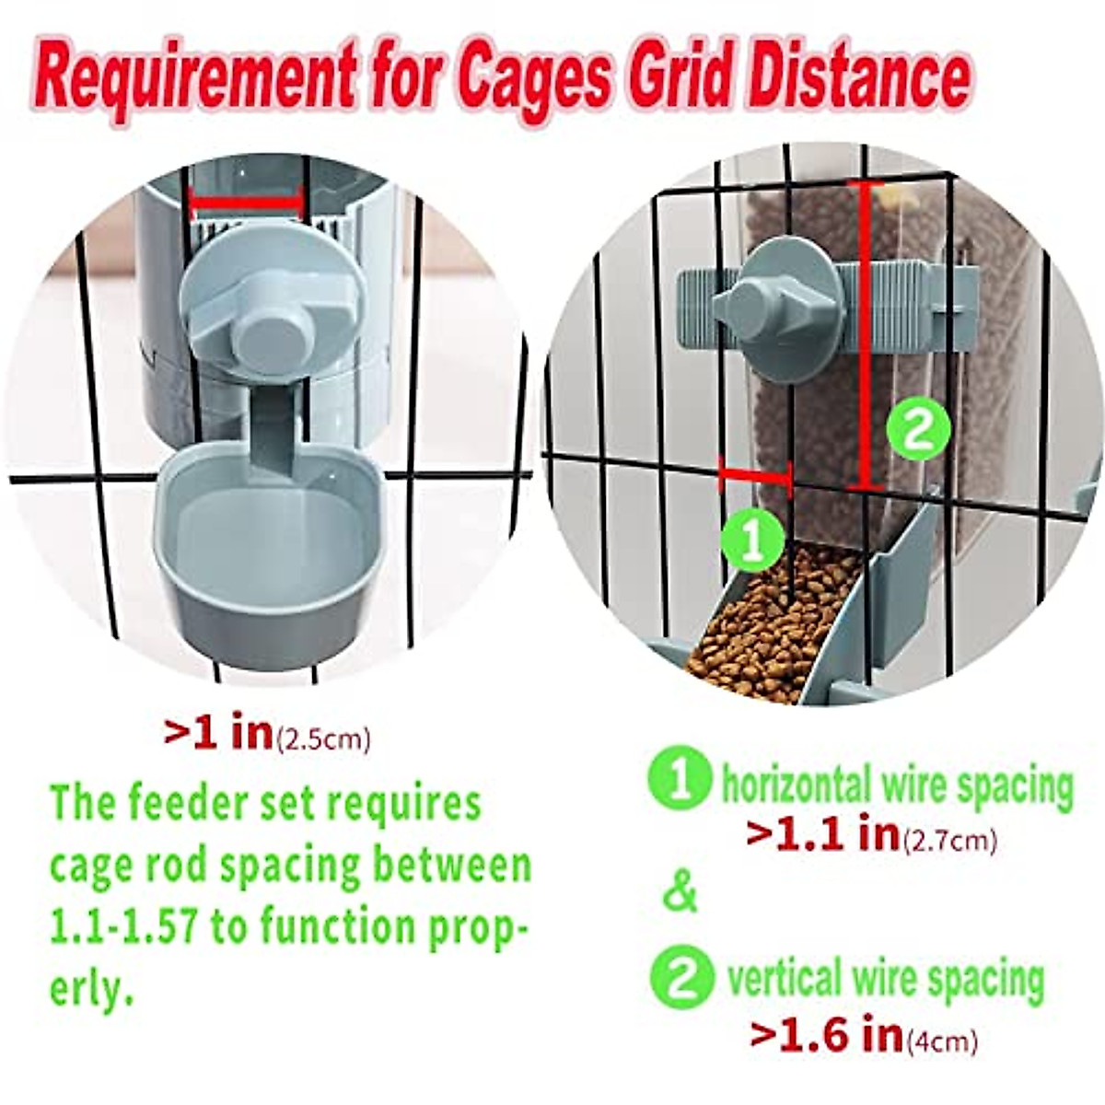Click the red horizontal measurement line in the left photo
coord(246,203)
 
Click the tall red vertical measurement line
coord(862,336)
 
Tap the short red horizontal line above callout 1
coord(755,476)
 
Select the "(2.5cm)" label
coord(324,739)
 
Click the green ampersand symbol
coord(680,891)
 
